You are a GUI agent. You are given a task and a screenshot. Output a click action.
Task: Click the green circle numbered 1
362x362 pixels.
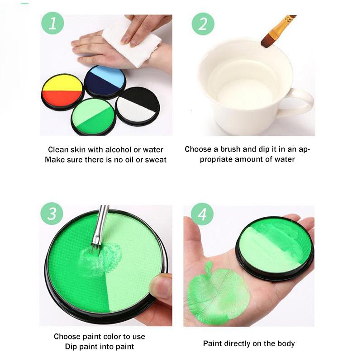pyautogui.click(x=52, y=23)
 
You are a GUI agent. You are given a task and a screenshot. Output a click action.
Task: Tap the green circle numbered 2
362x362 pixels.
pyautogui.click(x=203, y=24)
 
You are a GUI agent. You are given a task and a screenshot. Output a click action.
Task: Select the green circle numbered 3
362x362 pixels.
pyautogui.click(x=52, y=214)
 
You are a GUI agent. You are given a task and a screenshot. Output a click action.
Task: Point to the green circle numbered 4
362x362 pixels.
pyautogui.click(x=202, y=214)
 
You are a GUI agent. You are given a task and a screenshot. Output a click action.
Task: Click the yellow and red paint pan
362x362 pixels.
pyautogui.click(x=62, y=92)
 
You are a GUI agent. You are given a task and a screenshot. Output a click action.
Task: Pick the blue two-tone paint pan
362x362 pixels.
pyautogui.click(x=105, y=82)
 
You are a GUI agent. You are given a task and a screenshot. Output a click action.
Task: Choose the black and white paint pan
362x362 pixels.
pyautogui.click(x=138, y=106)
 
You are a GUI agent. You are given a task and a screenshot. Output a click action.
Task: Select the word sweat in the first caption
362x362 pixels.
pyautogui.click(x=156, y=160)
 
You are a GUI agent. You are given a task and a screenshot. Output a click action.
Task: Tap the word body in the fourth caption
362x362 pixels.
pyautogui.click(x=286, y=344)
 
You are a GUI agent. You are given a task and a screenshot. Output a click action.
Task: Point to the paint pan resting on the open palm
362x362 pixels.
pyautogui.click(x=275, y=248)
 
